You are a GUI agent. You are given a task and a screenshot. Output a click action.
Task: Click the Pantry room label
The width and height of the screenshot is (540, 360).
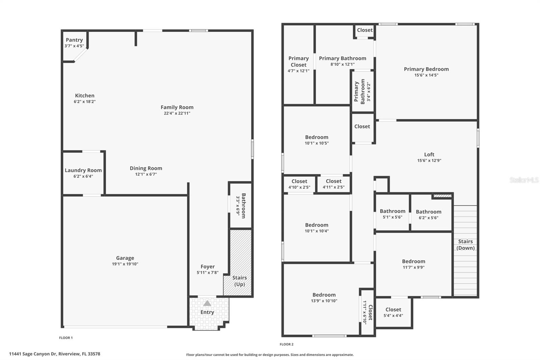pos(74,40)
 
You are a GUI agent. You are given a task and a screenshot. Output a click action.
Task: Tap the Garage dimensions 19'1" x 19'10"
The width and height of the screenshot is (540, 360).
pos(125,264)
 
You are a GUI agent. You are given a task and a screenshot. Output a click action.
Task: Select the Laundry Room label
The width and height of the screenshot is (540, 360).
pos(83,170)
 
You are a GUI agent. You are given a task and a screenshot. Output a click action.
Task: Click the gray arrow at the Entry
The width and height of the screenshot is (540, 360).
pos(207,303)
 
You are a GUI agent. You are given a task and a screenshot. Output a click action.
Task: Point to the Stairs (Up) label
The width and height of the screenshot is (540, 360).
pos(239,281)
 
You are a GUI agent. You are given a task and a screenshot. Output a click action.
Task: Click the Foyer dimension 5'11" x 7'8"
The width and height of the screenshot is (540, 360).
pos(208,273)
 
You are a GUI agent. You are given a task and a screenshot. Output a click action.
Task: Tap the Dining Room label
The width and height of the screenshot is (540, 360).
pos(146,168)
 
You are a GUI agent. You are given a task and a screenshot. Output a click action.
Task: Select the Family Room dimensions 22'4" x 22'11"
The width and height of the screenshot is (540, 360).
pos(177,113)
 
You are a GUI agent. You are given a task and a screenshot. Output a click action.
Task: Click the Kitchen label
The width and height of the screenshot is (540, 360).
pos(84,96)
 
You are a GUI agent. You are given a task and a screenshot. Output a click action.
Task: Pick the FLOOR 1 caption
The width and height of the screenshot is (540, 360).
pos(66,338)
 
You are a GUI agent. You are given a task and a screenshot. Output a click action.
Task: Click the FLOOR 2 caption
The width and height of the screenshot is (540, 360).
pos(287,344)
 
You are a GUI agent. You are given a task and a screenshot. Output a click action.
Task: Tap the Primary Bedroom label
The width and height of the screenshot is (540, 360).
pos(426,69)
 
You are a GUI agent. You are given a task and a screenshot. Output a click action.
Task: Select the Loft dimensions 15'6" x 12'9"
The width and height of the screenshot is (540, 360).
pos(429,161)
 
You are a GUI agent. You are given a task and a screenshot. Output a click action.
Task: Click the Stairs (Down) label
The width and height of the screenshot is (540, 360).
pos(465,245)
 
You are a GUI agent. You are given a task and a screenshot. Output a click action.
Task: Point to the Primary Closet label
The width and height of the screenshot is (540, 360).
pos(298,61)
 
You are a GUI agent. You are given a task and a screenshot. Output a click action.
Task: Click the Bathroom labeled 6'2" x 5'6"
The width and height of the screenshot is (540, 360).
pos(428,212)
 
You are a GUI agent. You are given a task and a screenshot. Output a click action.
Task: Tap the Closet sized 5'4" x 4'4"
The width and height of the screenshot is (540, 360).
pos(393,309)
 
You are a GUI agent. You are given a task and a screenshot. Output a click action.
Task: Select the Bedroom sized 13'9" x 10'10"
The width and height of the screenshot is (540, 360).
pos(324,295)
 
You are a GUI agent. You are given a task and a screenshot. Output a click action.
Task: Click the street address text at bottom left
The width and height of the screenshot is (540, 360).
pos(55,354)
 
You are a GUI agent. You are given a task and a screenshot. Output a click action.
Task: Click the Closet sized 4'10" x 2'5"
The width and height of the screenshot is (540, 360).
pos(299,181)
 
